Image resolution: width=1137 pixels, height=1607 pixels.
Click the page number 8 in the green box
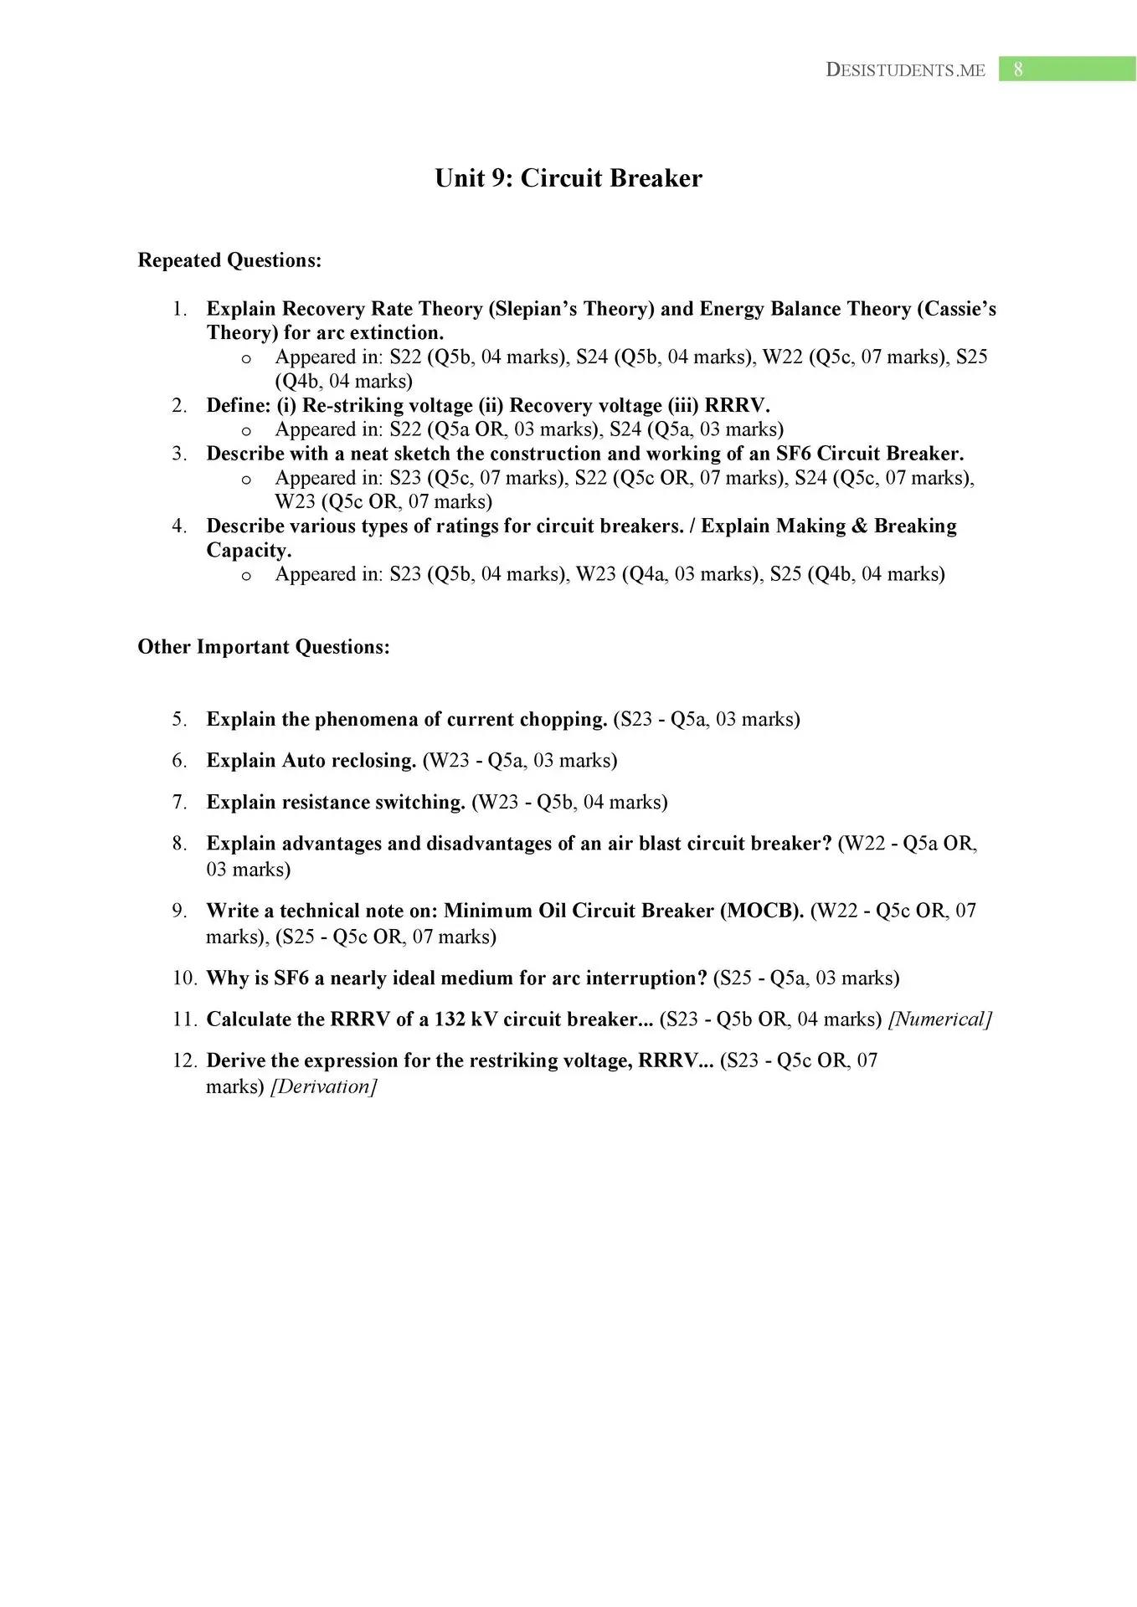tap(1017, 69)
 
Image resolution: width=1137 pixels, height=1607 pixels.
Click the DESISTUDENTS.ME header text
tap(905, 70)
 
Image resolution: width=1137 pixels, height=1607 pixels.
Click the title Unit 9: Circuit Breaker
tap(568, 178)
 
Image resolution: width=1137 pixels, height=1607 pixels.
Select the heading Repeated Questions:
tap(229, 260)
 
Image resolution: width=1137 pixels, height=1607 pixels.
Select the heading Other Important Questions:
tap(264, 647)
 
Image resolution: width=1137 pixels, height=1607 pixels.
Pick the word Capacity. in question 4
tap(249, 550)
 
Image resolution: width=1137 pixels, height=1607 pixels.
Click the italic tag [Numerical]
tap(940, 1019)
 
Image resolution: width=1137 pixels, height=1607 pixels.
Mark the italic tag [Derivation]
tap(324, 1086)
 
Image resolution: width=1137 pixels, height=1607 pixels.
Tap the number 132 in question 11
tap(450, 1019)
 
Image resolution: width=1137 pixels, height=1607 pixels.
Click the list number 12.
tap(184, 1060)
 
